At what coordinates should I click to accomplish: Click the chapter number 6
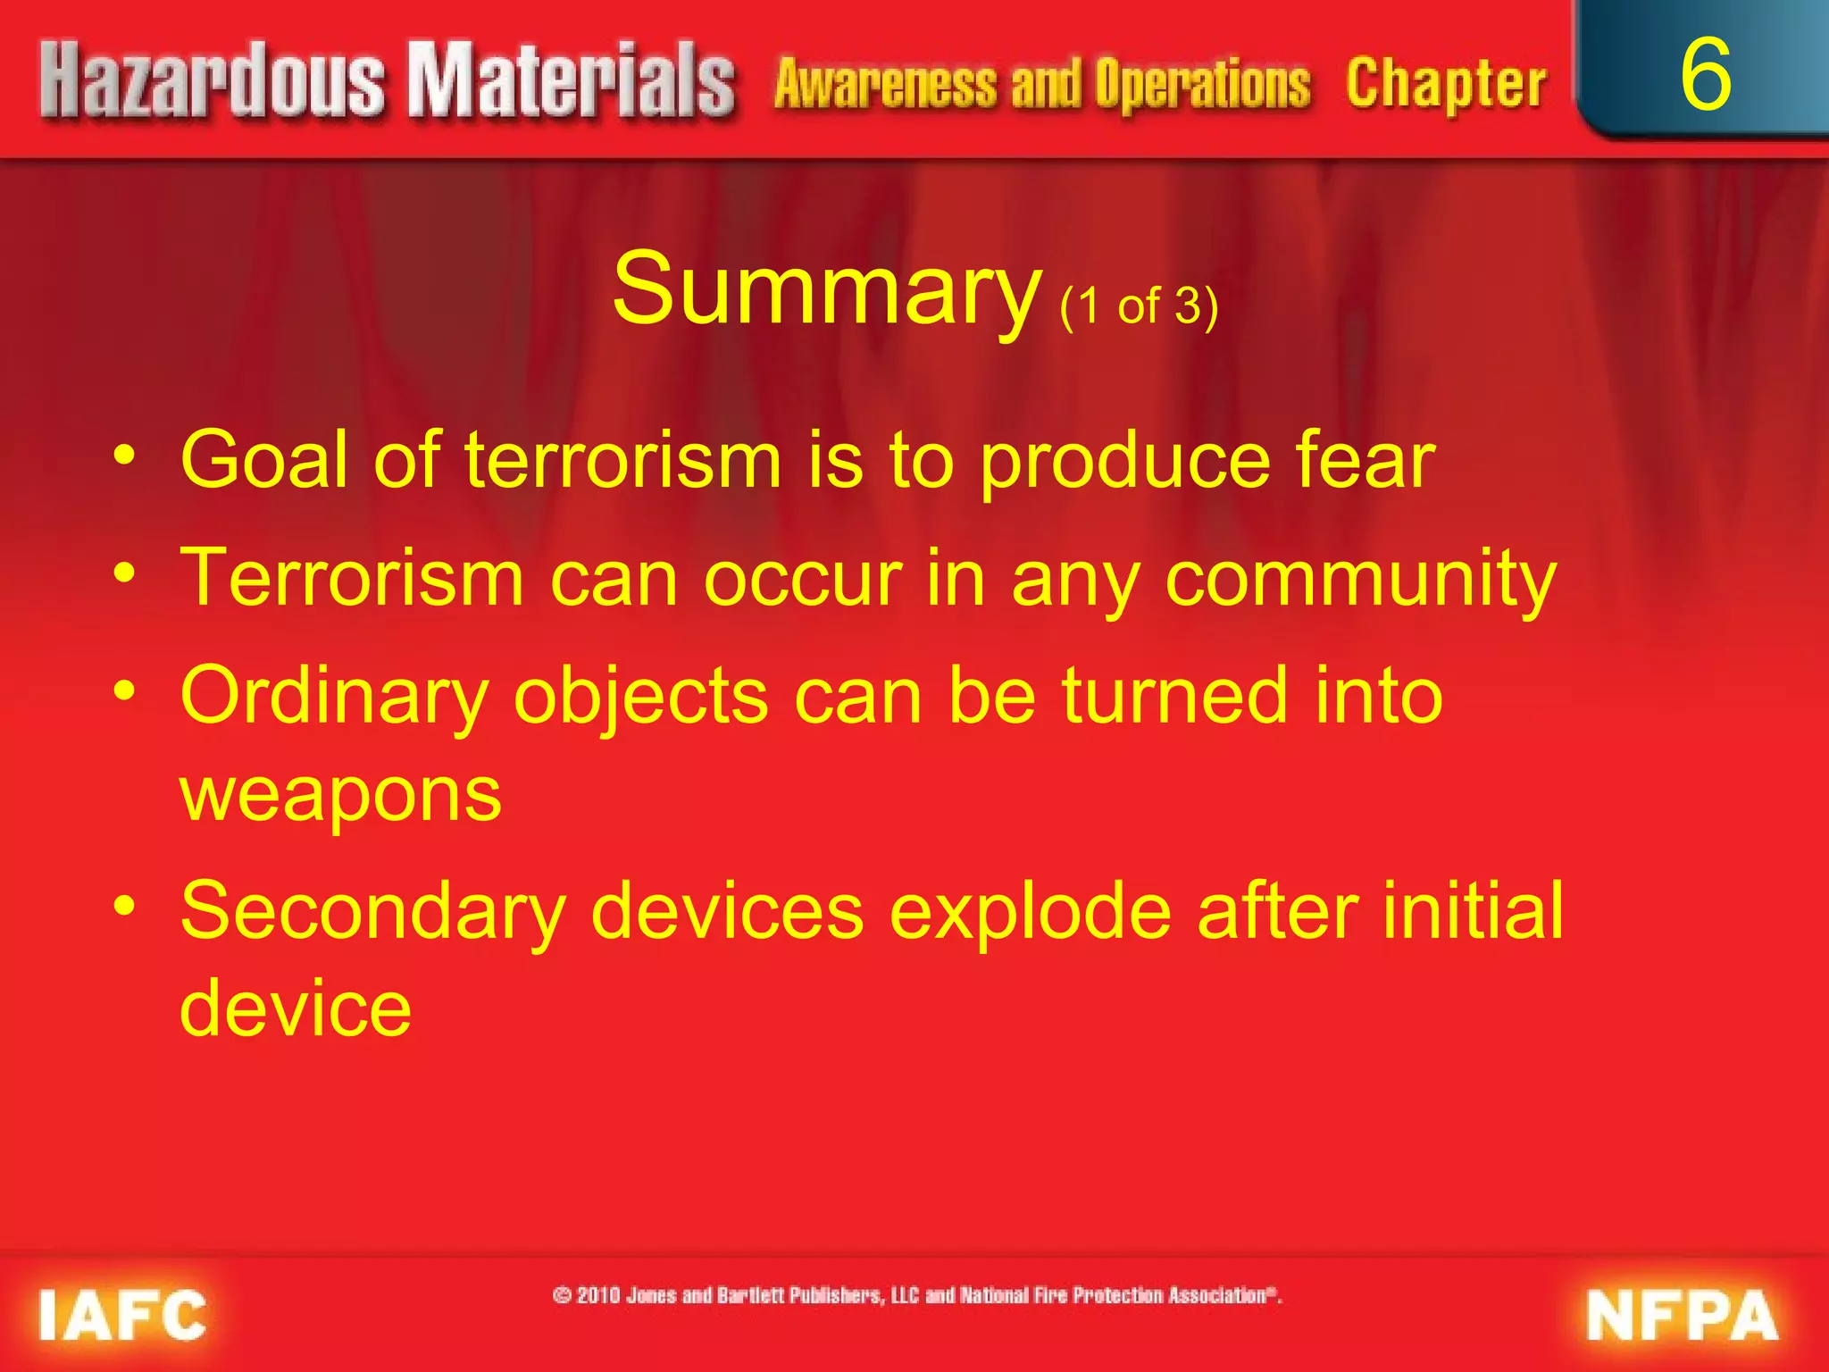1705,75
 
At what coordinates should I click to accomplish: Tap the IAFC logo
122,1315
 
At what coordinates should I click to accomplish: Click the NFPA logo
1683,1315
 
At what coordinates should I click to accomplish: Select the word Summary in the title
826,290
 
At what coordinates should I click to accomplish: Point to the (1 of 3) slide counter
1139,306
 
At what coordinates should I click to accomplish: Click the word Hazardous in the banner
213,82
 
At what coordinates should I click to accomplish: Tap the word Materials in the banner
572,82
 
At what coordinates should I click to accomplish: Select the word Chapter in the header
1446,85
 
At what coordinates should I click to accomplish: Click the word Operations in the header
1203,85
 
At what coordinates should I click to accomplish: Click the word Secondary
373,911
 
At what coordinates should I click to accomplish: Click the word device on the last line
296,1008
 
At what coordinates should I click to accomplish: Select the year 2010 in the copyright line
597,1295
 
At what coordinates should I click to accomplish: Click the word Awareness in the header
885,85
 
